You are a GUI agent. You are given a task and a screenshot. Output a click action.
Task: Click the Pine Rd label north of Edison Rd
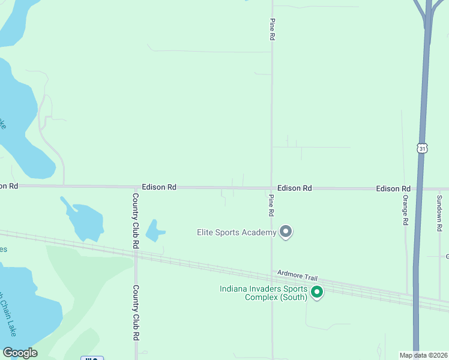(272, 29)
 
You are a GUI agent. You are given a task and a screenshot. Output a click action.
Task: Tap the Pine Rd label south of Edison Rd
(271, 205)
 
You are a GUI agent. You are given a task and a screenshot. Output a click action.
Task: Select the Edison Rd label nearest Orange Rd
(393, 188)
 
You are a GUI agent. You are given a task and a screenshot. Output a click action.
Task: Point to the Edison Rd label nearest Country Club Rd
(159, 187)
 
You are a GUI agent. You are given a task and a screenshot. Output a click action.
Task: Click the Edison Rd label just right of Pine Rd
(295, 188)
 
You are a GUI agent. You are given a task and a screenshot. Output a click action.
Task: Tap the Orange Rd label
(406, 210)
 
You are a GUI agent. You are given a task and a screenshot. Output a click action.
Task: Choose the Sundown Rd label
(439, 214)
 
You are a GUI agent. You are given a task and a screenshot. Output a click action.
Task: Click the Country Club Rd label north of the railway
(136, 221)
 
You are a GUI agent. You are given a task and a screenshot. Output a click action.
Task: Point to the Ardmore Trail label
(297, 276)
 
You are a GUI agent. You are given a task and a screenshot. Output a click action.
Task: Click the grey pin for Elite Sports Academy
(286, 232)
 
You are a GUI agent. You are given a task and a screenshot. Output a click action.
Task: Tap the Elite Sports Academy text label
(237, 232)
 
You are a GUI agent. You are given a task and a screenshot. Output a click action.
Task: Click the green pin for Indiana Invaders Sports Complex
(317, 293)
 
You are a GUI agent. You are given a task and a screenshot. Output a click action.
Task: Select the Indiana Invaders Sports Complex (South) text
(264, 293)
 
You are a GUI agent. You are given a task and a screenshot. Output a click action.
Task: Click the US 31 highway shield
(422, 148)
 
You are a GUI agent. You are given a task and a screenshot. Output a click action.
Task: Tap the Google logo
(20, 353)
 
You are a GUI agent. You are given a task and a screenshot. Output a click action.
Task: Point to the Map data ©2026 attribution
(423, 355)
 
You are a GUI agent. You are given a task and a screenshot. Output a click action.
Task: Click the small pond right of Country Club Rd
(155, 230)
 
